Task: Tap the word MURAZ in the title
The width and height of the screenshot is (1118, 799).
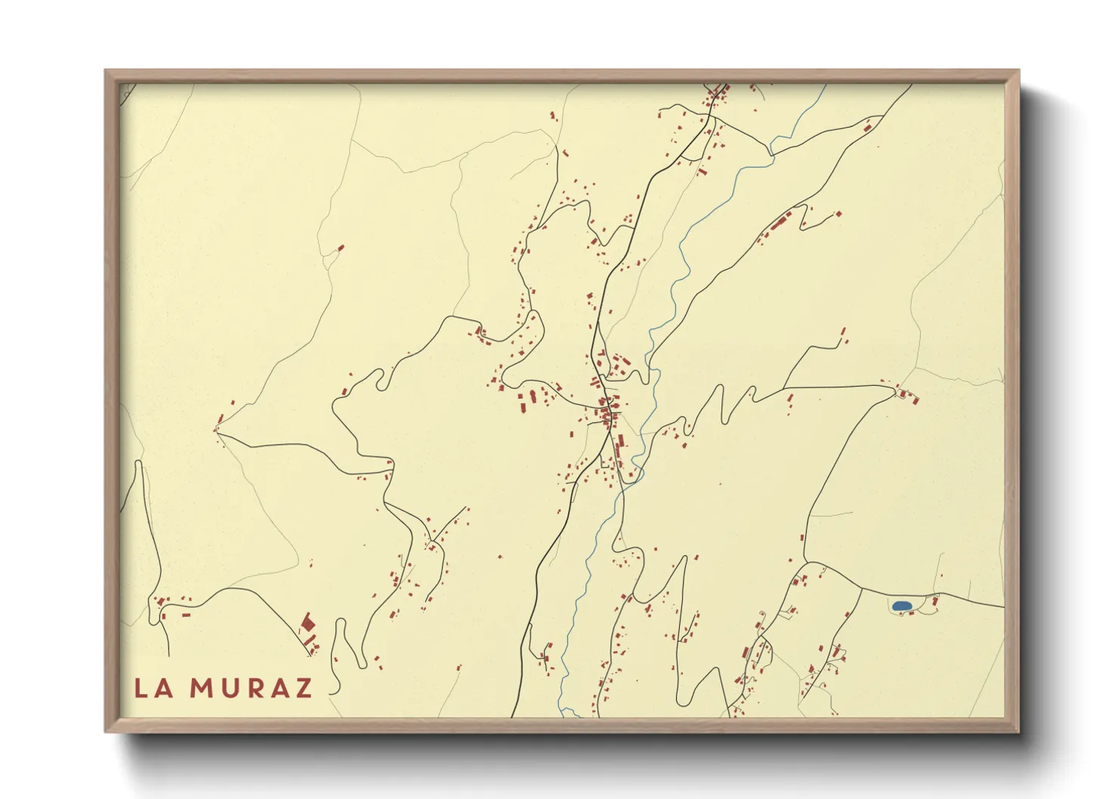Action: [251, 688]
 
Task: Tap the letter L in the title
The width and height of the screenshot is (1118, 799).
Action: [141, 688]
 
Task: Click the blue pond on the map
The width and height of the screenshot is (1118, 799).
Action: [900, 606]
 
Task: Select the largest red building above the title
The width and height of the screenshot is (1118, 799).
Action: [307, 623]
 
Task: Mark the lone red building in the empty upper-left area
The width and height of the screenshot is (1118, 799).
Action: [340, 248]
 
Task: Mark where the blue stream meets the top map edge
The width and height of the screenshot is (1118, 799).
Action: [825, 85]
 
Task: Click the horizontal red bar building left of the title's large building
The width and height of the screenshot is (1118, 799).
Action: [186, 615]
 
